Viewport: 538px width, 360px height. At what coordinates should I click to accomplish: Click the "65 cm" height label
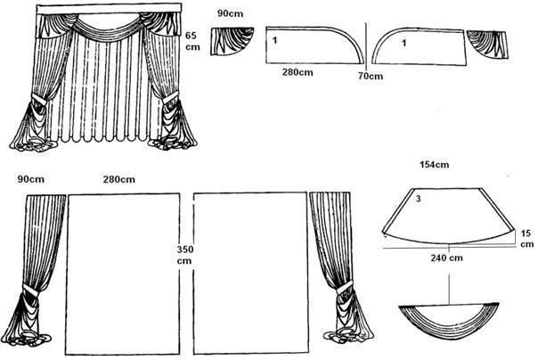click(191, 41)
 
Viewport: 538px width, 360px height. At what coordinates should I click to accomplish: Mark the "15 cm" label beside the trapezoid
click(527, 239)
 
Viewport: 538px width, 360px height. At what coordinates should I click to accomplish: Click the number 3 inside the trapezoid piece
click(416, 201)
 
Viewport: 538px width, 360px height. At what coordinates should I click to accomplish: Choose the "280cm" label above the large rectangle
click(119, 181)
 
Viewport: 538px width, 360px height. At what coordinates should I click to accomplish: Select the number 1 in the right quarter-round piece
click(405, 41)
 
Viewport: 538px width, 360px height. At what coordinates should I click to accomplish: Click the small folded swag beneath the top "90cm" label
click(231, 41)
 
